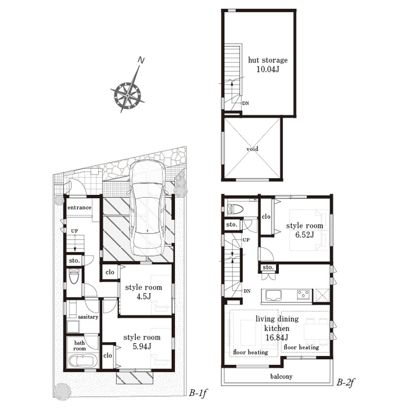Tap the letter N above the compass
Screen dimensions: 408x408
141,60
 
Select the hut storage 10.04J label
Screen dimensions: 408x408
268,65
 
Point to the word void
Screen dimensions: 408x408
252,149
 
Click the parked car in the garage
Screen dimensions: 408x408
147,208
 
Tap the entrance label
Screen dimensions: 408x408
80,208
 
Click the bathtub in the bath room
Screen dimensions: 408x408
83,361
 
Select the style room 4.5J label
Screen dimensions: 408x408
143,292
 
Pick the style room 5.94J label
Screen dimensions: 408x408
142,342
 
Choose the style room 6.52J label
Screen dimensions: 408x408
304,230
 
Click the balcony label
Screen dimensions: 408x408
282,376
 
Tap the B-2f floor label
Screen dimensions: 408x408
346,382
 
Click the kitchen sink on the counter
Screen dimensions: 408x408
273,296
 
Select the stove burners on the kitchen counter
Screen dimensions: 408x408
303,295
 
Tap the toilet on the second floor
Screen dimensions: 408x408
235,209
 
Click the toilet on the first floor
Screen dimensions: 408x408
74,276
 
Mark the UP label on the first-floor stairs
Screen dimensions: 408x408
74,231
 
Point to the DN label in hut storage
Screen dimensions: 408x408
246,104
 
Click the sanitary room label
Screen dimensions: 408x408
88,317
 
